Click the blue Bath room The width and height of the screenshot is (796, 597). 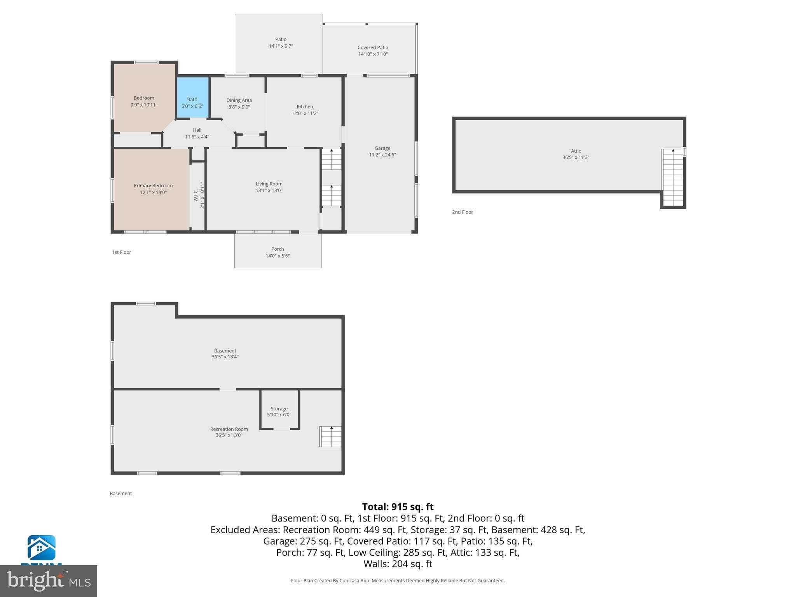pos(193,97)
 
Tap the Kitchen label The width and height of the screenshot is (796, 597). pos(305,106)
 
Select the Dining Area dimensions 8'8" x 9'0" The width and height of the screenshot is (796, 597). pos(239,107)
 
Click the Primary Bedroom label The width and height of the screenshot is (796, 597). pos(153,186)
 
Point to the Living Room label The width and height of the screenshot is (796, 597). pos(269,184)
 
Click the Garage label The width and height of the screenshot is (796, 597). pos(382,148)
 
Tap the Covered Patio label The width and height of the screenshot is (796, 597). pos(373,47)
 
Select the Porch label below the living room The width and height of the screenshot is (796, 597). pos(278,249)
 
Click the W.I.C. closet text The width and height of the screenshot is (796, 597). pos(196,195)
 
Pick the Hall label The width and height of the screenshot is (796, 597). pos(197,130)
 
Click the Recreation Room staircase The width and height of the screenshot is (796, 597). pos(331,436)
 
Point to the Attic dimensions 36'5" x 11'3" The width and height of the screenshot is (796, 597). pos(576,157)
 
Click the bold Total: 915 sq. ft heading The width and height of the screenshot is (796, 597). pos(398,507)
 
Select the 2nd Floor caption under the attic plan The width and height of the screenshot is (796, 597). pos(463,212)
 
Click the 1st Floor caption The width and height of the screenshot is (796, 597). pos(122,252)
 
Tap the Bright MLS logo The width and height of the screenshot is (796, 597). pos(49,581)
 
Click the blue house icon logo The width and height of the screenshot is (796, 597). pos(41,548)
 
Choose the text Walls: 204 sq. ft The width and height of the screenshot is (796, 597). pos(398,564)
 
